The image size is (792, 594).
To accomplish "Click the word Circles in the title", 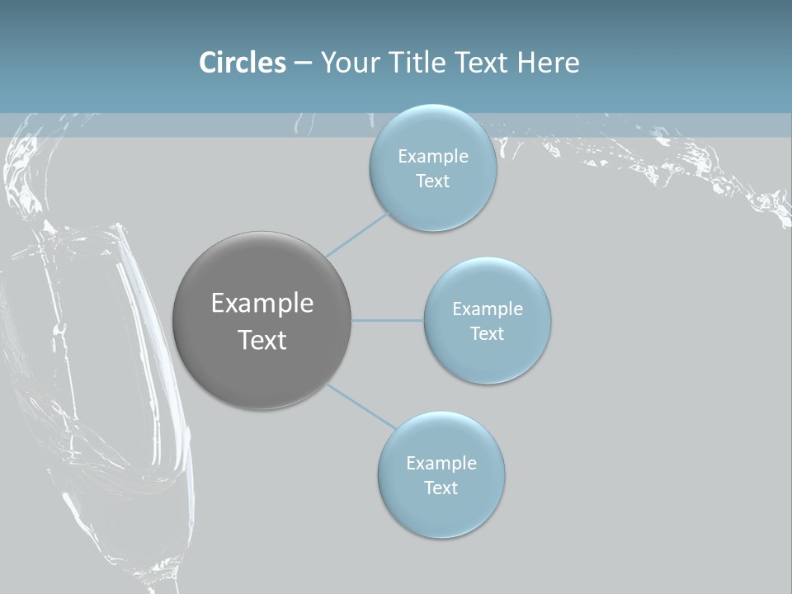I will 242,63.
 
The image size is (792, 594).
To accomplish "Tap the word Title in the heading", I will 417,63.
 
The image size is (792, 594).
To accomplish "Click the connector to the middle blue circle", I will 388,320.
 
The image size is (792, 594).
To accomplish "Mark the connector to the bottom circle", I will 361,405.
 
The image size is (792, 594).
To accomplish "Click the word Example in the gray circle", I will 262,304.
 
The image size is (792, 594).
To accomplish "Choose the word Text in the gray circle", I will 262,340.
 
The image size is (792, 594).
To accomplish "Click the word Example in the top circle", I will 432,156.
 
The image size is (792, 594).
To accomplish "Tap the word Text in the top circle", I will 432,181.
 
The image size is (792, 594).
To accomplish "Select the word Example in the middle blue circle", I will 487,309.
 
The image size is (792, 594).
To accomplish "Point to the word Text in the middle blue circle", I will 487,333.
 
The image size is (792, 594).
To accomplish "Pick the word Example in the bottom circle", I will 441,463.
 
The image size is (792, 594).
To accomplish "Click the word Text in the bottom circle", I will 441,488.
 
